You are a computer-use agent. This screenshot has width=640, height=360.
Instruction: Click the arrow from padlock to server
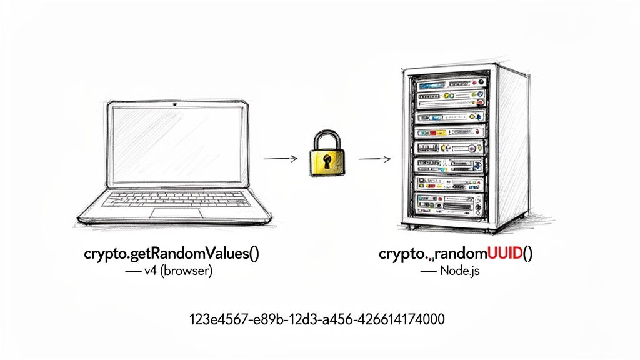tap(373, 158)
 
